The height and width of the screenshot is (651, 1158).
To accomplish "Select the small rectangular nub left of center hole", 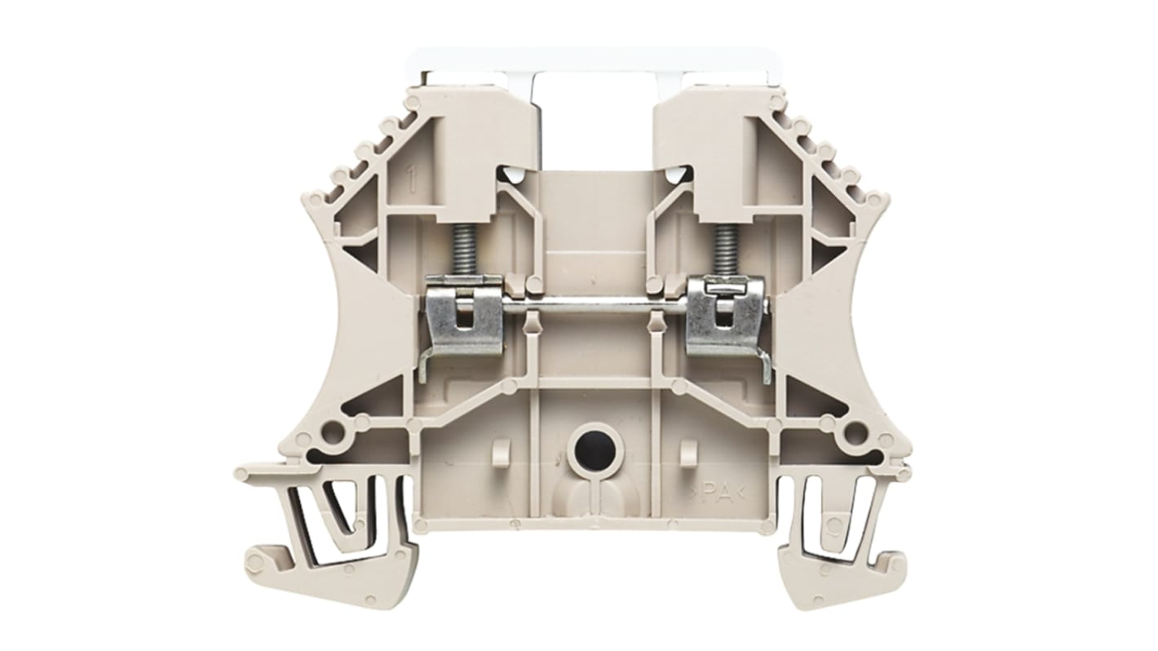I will coord(502,449).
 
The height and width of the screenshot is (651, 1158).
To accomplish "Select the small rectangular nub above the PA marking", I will coord(687,449).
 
